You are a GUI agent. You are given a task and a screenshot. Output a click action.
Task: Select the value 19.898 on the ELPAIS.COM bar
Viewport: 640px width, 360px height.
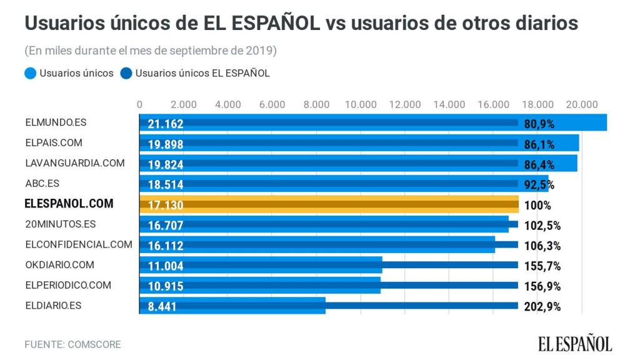166,144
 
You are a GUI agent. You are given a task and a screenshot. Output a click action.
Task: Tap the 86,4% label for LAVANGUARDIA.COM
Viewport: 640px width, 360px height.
539,164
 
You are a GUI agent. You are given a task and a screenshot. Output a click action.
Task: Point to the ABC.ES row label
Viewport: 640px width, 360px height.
42,184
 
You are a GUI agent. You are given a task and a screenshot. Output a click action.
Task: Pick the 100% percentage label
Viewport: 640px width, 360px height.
537,205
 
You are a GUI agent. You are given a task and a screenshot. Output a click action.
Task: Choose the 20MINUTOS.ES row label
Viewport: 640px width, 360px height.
61,224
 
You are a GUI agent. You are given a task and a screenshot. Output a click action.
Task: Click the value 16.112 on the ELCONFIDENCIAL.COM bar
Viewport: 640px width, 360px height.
166,246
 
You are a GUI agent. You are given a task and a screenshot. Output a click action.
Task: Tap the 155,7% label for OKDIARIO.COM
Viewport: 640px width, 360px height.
541,266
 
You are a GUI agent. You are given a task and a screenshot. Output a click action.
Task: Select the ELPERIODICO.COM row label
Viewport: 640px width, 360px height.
68,285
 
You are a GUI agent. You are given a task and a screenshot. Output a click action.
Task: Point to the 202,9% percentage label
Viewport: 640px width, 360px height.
541,307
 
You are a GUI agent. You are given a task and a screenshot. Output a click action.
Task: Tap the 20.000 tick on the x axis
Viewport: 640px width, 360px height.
582,104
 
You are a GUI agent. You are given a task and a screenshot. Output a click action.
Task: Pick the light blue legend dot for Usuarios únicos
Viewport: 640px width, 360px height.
30,73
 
